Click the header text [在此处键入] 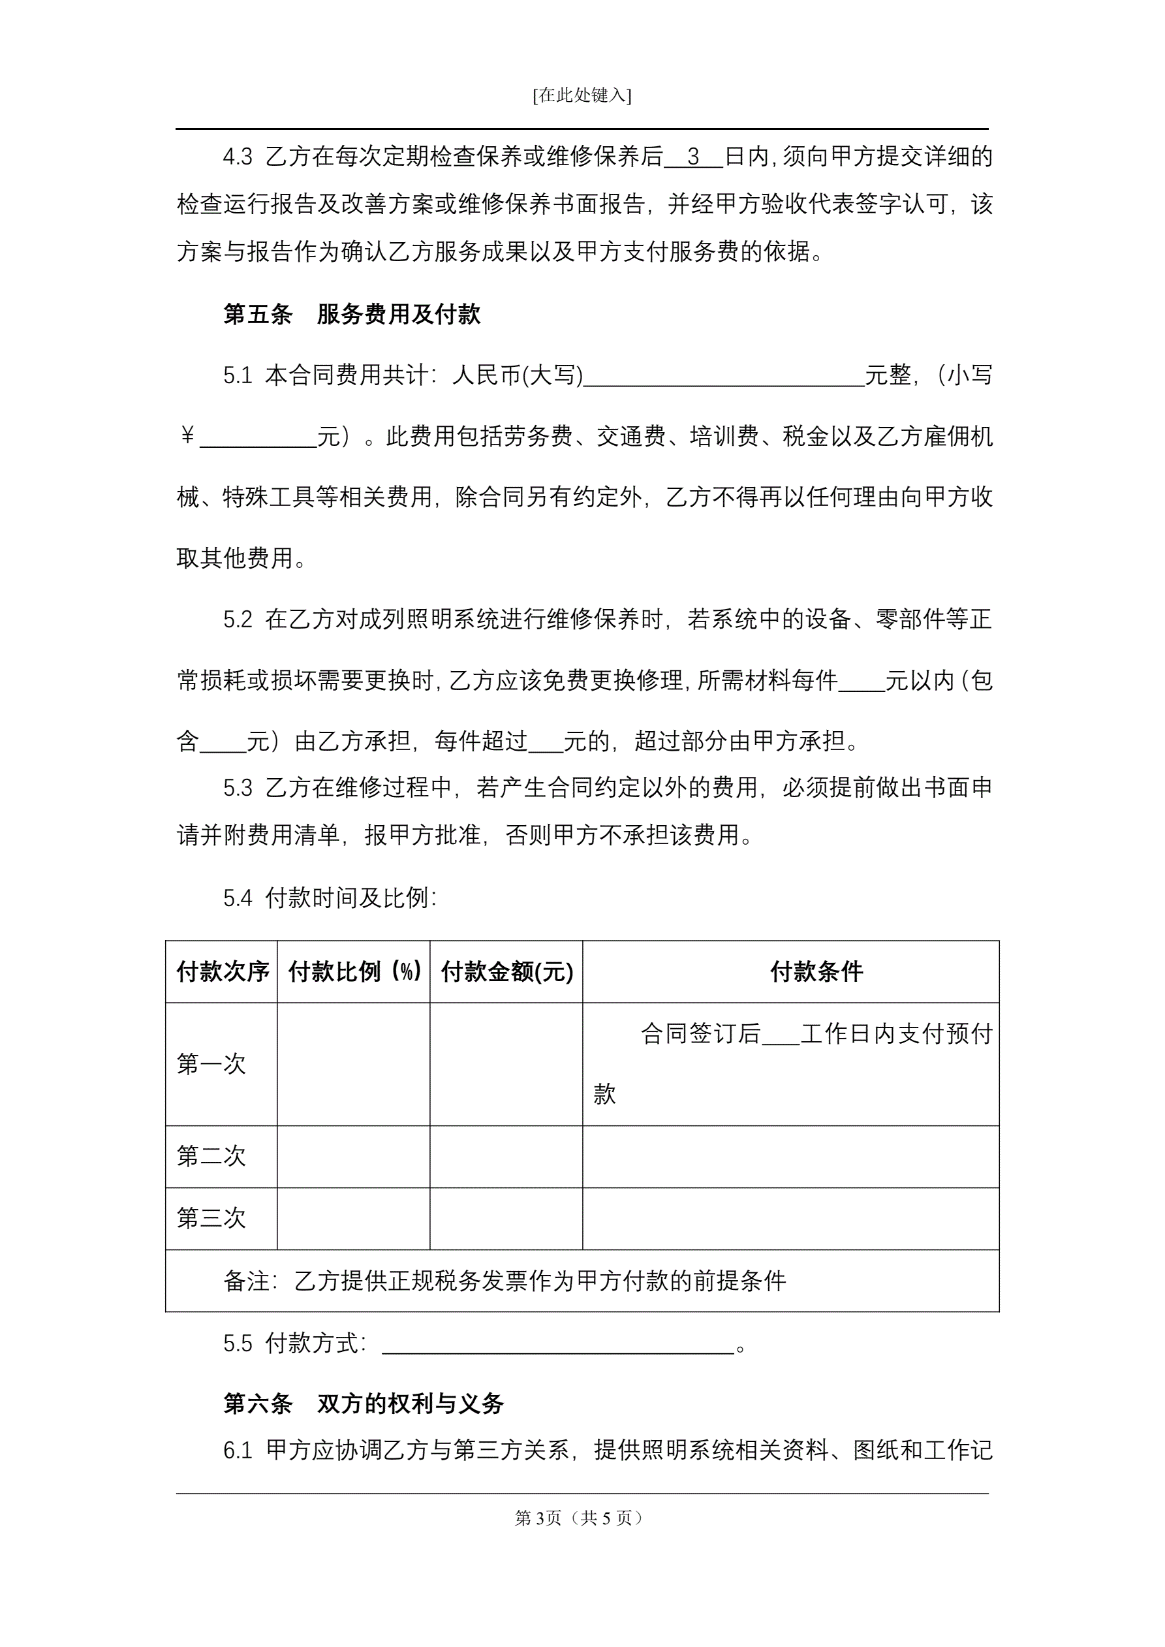click(x=582, y=95)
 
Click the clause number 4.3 click(x=238, y=157)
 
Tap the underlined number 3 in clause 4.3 click(x=693, y=157)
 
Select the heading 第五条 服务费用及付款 click(x=352, y=314)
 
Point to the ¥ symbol click(x=187, y=435)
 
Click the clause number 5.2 click(x=238, y=619)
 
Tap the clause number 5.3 click(x=238, y=788)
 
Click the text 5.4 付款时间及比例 click(x=330, y=898)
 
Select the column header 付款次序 click(x=223, y=972)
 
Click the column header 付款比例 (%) click(x=354, y=972)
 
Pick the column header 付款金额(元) click(x=506, y=972)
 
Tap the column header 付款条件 click(x=816, y=972)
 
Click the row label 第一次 click(x=211, y=1064)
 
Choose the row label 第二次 click(x=211, y=1156)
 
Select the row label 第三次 click(x=211, y=1218)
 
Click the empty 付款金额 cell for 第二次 click(x=506, y=1156)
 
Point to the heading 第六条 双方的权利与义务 click(x=363, y=1404)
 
